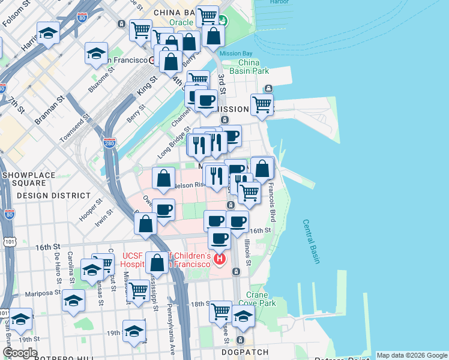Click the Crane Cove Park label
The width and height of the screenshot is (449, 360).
click(261, 299)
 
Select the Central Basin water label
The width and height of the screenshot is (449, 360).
click(310, 241)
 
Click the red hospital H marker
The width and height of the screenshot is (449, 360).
click(220, 259)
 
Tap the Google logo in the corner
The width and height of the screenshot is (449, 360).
click(20, 353)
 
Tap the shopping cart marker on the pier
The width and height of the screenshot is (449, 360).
click(262, 105)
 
